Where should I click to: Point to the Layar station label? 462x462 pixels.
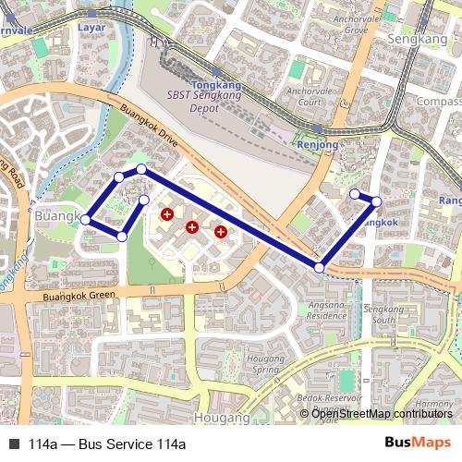91,28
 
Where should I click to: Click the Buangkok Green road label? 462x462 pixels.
79,297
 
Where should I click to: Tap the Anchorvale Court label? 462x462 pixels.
309,97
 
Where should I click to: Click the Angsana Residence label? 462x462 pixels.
327,310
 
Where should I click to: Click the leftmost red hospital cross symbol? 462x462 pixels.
166,214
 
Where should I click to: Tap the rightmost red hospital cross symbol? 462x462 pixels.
220,232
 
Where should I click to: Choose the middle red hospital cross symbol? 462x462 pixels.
192,226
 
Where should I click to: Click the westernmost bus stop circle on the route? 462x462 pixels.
86,219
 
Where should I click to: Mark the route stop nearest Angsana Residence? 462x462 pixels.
319,267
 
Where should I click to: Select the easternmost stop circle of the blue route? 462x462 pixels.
376,201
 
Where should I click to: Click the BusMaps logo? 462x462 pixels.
418,444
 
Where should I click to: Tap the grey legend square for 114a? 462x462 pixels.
14,444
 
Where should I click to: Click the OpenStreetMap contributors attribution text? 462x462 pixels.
382,414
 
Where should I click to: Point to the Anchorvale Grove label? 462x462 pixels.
350,24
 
